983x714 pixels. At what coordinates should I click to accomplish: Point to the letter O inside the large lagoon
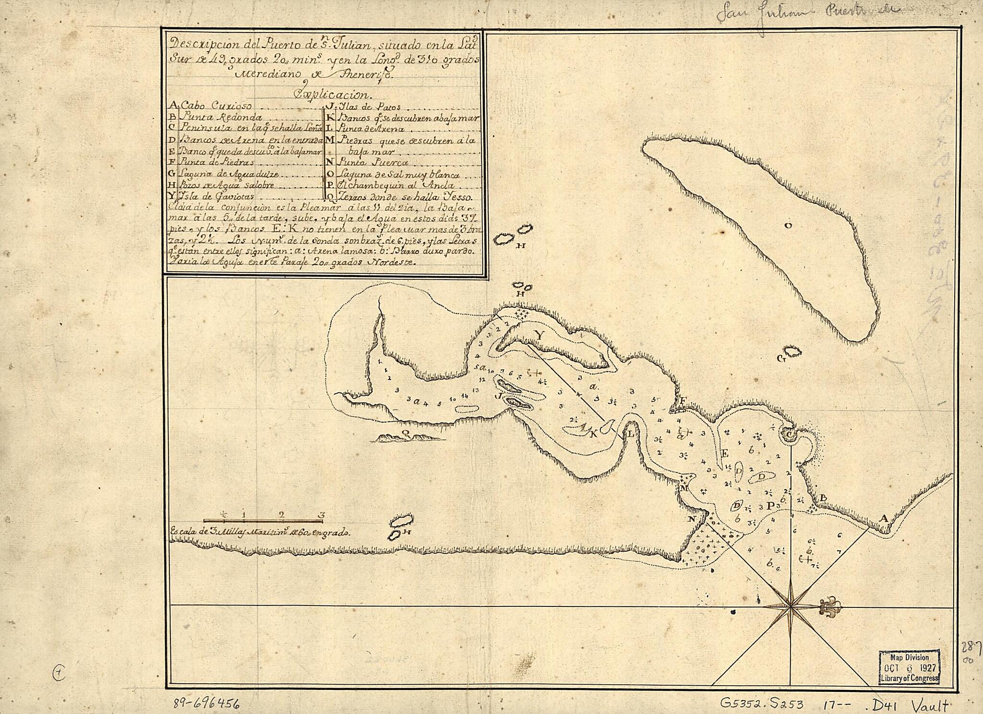(x=788, y=226)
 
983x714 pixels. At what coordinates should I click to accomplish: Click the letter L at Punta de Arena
(x=631, y=434)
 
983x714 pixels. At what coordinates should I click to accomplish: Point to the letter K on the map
(x=593, y=434)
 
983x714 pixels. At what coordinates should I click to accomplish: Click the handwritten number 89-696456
(x=206, y=703)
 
